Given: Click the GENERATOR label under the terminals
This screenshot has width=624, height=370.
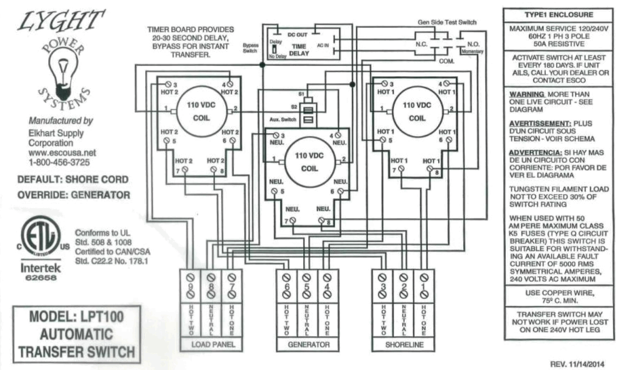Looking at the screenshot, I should (x=308, y=345).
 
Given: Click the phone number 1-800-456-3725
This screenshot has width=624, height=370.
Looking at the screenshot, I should (x=59, y=162).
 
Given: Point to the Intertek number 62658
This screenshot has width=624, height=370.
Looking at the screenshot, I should (x=37, y=278).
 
